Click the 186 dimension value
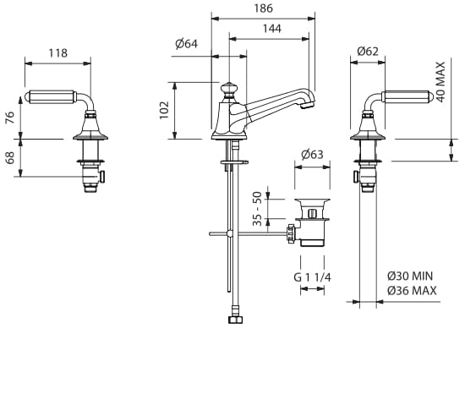pyautogui.click(x=263, y=8)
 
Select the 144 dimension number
pyautogui.click(x=272, y=29)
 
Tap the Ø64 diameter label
pyautogui.click(x=186, y=44)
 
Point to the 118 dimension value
pyautogui.click(x=58, y=53)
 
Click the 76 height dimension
pyautogui.click(x=10, y=118)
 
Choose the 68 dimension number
pyautogui.click(x=10, y=157)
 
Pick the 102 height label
pyautogui.click(x=164, y=110)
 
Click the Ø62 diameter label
pyautogui.click(x=368, y=52)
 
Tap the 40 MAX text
pyautogui.click(x=441, y=82)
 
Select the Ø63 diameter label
pyautogui.click(x=312, y=154)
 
